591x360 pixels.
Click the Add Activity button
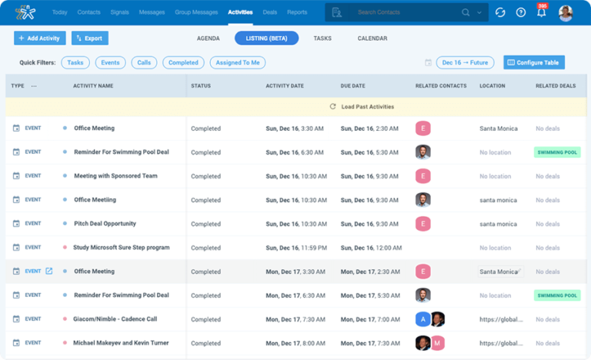pos(40,38)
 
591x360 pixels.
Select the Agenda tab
pos(208,38)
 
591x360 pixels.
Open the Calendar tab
pos(372,38)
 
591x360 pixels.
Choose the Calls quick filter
pos(144,63)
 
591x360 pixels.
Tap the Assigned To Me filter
pos(239,63)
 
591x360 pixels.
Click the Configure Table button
pos(534,62)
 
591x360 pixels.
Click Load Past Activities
pos(362,107)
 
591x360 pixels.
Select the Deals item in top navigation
pos(269,12)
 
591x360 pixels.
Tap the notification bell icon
pos(541,12)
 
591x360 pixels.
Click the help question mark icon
pos(521,12)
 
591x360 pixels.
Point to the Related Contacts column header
pos(441,86)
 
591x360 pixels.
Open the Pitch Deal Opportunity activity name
pos(105,224)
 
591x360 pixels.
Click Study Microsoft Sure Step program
pos(122,248)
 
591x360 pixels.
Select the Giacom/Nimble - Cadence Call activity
pos(116,319)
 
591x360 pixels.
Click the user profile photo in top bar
pos(566,12)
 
